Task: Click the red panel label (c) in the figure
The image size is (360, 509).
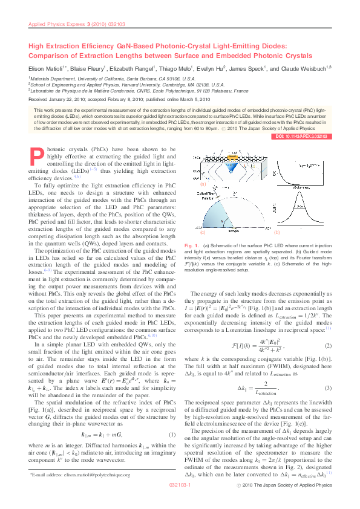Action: coord(203,232)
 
